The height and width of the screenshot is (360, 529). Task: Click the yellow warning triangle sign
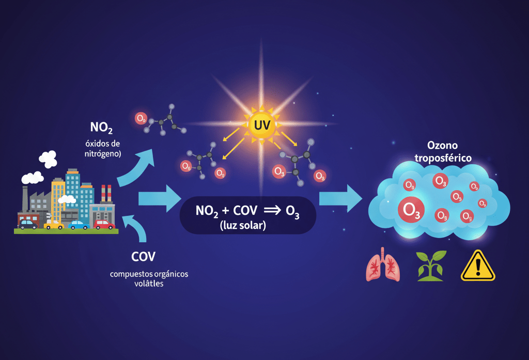[x=478, y=266]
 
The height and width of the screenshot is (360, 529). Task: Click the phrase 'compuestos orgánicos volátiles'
[x=149, y=278]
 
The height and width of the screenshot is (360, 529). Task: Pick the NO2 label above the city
[x=102, y=127]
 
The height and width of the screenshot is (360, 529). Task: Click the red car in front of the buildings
[x=105, y=225]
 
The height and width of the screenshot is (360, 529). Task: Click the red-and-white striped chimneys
[x=106, y=193]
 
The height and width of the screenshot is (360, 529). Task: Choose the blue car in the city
[x=79, y=225]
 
